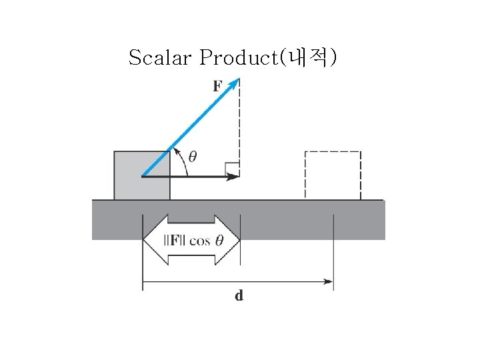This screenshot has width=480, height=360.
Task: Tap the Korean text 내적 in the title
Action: pyautogui.click(x=308, y=58)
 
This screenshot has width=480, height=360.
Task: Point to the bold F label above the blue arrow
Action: pyautogui.click(x=218, y=86)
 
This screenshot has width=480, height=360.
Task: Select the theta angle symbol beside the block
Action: pyautogui.click(x=192, y=157)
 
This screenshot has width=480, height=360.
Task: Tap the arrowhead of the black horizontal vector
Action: pyautogui.click(x=234, y=177)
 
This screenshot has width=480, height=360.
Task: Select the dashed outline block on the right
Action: pyautogui.click(x=333, y=175)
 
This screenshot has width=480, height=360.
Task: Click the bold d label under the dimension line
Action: pyautogui.click(x=239, y=295)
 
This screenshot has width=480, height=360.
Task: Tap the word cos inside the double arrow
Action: pyautogui.click(x=199, y=241)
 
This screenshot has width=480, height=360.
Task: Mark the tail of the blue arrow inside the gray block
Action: pyautogui.click(x=143, y=175)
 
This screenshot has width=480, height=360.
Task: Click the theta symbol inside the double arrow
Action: pyautogui.click(x=220, y=240)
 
